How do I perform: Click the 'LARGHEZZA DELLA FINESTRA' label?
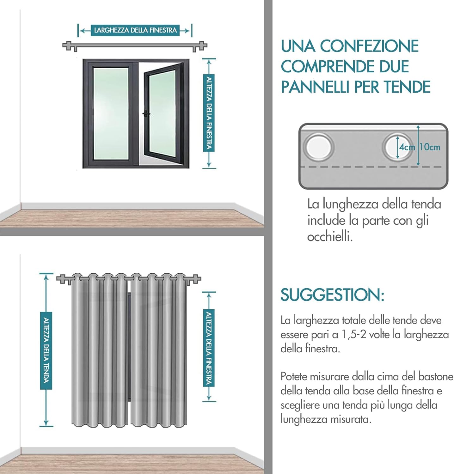click(135, 30)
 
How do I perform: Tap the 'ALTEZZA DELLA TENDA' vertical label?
click(46, 350)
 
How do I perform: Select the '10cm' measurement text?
click(430, 147)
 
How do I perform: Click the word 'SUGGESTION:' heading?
click(332, 295)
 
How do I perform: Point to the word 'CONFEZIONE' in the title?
click(369, 46)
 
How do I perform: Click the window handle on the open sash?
click(146, 114)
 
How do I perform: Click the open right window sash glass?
click(162, 114)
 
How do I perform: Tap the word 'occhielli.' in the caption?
click(330, 237)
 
